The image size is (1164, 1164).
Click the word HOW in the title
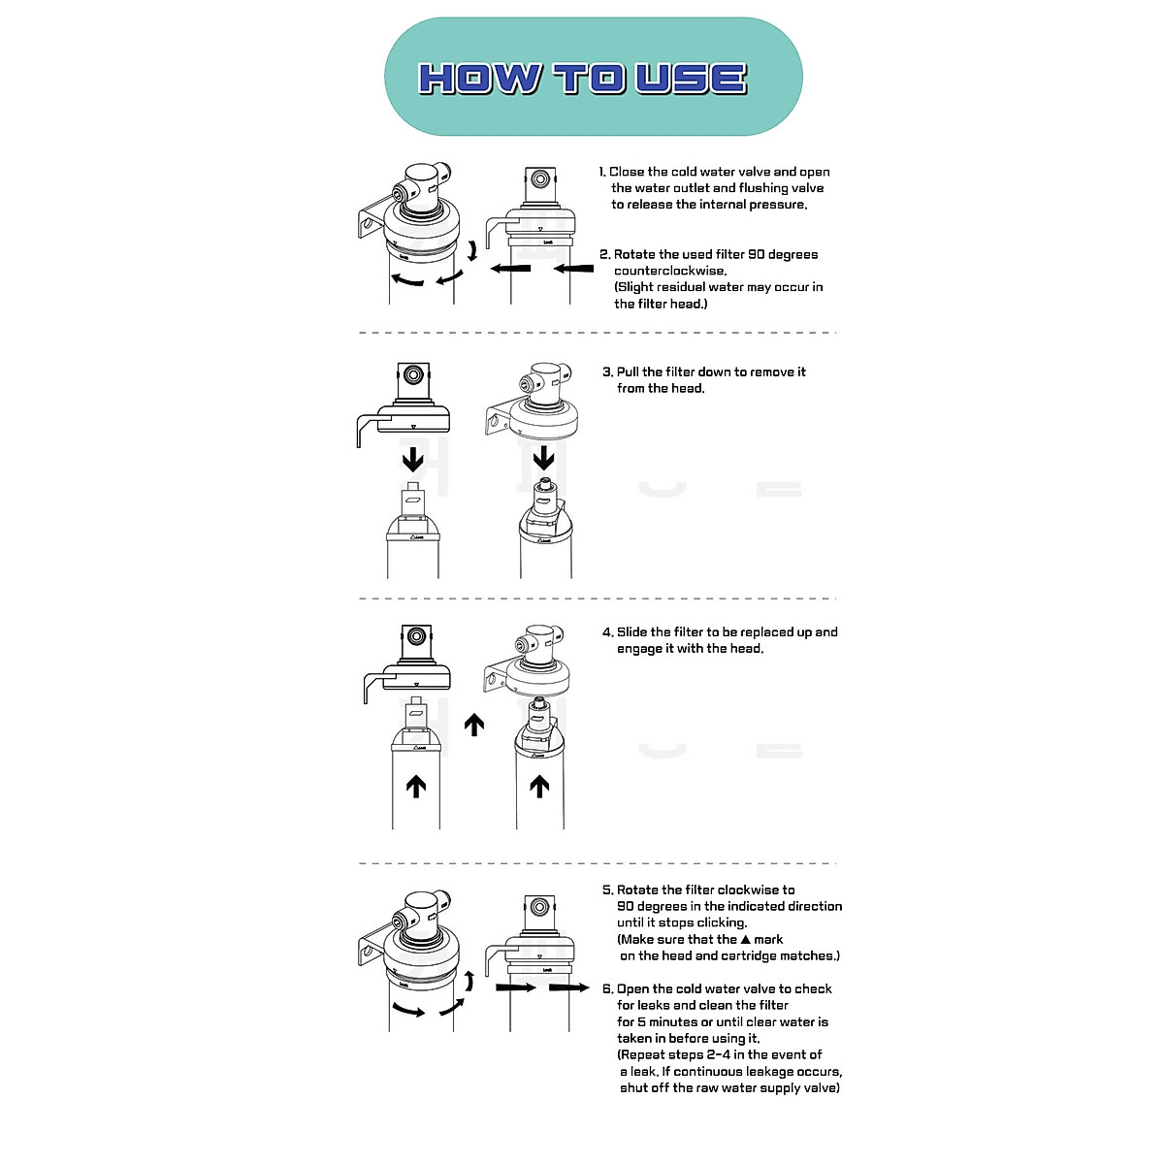(478, 79)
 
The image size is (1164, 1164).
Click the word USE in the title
(691, 79)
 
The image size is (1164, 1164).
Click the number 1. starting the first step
(602, 172)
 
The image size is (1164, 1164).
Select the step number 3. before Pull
(607, 372)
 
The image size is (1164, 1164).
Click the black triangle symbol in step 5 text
(745, 939)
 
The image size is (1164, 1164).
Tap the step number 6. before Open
(607, 988)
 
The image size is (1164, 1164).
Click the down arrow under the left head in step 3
(413, 457)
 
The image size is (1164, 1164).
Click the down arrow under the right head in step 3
(544, 457)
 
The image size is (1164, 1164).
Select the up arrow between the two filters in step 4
(474, 725)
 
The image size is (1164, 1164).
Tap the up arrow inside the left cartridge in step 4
(416, 786)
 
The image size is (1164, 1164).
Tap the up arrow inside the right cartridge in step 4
(540, 786)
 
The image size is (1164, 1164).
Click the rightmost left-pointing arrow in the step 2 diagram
(573, 268)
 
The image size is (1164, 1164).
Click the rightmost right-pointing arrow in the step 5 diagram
(569, 987)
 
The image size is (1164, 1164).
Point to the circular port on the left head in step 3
(415, 374)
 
